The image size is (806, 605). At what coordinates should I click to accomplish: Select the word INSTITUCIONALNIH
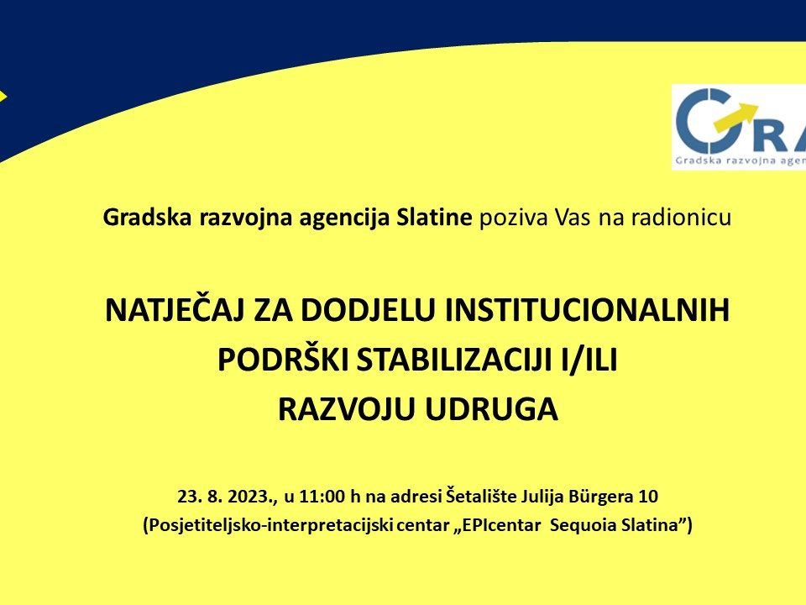[x=587, y=310]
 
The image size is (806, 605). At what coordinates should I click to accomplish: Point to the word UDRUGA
[x=491, y=409]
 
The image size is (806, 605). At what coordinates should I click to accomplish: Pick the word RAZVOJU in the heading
[x=346, y=409]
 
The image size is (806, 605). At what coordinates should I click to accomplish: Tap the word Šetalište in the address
[x=481, y=496]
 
